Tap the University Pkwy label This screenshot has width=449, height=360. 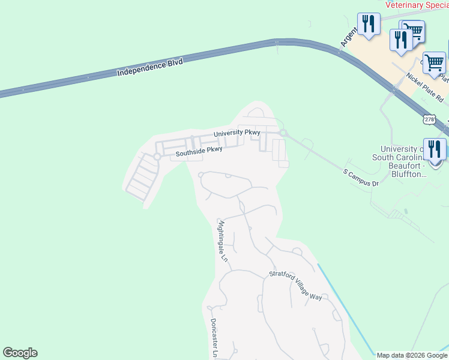click(x=237, y=133)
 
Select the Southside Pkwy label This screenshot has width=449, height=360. click(x=199, y=153)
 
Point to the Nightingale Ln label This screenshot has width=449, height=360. click(x=222, y=241)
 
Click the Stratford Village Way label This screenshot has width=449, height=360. click(x=295, y=287)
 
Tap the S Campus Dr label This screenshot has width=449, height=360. click(x=361, y=178)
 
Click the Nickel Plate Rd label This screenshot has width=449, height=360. click(x=424, y=87)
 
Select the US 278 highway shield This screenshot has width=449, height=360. click(x=429, y=119)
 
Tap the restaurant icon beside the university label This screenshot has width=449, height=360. click(x=435, y=151)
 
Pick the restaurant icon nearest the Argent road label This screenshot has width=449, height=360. click(x=369, y=25)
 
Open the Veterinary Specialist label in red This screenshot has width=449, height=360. click(x=417, y=5)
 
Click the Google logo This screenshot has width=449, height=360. click(x=20, y=353)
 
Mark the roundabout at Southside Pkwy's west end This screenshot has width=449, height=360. click(x=157, y=157)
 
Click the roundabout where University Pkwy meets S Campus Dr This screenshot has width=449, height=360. click(x=282, y=133)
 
